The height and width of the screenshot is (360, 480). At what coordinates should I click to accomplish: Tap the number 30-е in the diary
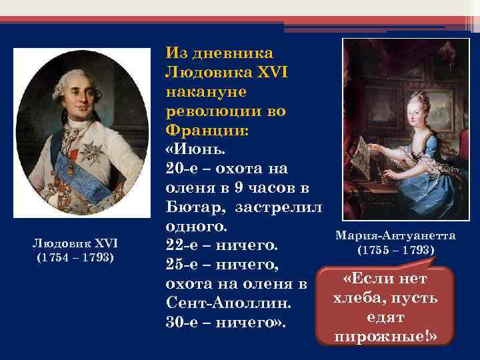182,323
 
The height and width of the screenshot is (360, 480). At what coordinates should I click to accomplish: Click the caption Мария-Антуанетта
396,236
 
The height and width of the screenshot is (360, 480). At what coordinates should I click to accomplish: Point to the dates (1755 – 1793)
396,251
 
